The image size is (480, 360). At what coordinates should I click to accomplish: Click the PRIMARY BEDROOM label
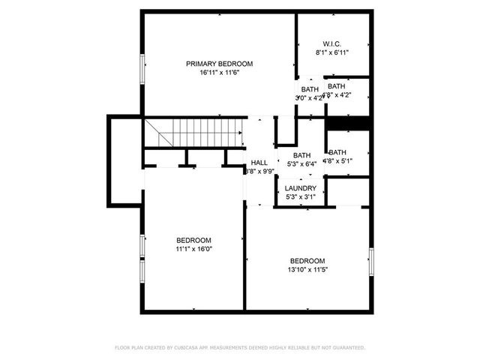[219, 64]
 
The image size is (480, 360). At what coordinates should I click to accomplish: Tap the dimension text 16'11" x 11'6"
[219, 73]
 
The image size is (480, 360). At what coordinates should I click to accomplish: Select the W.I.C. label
[332, 43]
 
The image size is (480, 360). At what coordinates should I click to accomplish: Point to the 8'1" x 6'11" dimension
[332, 52]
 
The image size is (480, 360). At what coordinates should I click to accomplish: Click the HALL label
[259, 163]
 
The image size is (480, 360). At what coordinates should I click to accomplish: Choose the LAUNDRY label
[301, 187]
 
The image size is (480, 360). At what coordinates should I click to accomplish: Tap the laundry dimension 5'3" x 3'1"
[301, 197]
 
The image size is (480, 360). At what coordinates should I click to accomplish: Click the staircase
[194, 133]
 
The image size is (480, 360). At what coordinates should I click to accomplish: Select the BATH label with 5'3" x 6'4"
[301, 155]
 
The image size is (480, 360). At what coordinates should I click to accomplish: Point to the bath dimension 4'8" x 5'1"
[337, 160]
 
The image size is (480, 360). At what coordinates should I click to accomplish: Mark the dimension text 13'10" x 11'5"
[307, 270]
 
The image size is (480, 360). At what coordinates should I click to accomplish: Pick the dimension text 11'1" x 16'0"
[194, 249]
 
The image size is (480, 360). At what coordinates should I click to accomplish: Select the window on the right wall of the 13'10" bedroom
[370, 261]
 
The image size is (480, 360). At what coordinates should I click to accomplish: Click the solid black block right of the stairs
[349, 123]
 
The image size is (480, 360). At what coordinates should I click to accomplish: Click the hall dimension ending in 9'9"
[259, 172]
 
